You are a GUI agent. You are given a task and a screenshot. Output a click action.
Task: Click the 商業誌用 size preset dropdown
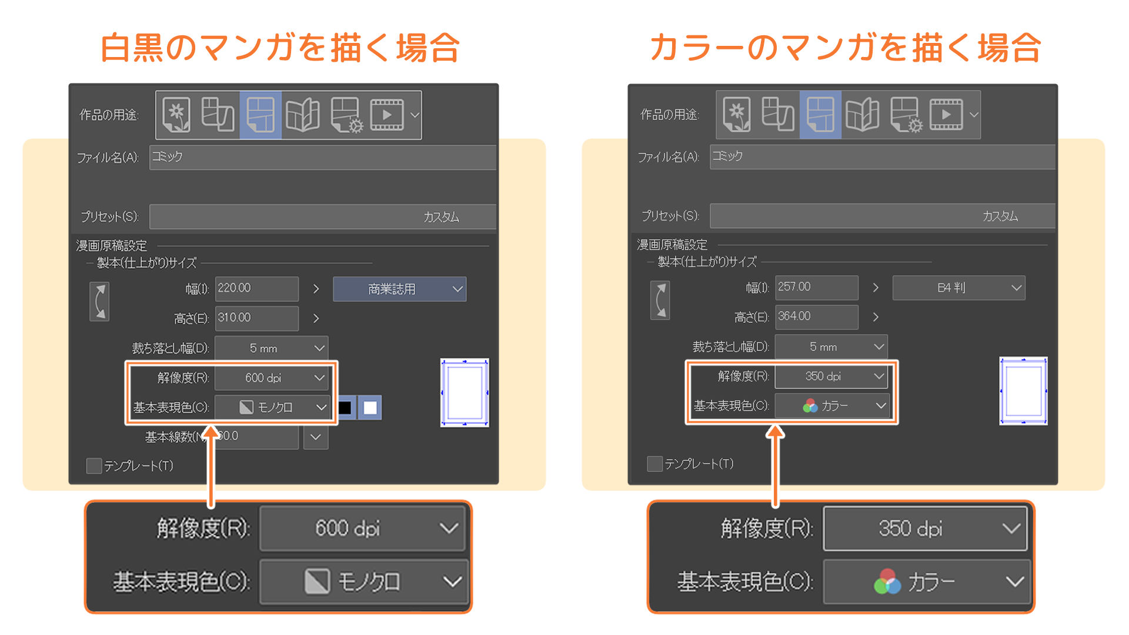[x=399, y=289]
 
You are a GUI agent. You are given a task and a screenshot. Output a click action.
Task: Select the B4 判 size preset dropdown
[x=958, y=288]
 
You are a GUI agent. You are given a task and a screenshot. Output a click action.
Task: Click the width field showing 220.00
[x=256, y=288]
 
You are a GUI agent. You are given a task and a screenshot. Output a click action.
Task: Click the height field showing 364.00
[x=816, y=316]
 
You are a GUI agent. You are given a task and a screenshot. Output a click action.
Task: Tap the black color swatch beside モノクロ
[x=345, y=407]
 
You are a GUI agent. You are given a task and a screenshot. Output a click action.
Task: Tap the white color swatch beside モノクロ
[x=370, y=407]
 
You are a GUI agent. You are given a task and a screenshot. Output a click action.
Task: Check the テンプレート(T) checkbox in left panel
[x=94, y=466]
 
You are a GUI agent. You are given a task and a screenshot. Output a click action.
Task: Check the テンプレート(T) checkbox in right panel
[x=654, y=464]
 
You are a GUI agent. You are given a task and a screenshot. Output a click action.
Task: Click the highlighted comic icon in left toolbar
[x=260, y=115]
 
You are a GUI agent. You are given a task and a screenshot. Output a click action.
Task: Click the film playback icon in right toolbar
[x=946, y=115]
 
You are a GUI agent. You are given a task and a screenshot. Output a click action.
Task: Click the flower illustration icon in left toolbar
[x=176, y=115]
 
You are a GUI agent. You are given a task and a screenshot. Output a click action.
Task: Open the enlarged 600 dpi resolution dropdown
[x=362, y=529]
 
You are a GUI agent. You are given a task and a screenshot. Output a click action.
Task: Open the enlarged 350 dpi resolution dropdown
[x=925, y=529]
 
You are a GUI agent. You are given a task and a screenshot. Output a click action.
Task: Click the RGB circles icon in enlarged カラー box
[x=887, y=581]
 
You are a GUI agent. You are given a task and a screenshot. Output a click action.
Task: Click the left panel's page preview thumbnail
[x=465, y=392]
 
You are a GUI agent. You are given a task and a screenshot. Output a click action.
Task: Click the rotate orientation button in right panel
[x=660, y=300]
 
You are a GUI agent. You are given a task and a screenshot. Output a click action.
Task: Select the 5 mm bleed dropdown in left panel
[x=271, y=348]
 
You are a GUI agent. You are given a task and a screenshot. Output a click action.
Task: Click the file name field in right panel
[x=882, y=156]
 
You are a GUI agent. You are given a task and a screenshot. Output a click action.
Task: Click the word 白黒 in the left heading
[x=133, y=48]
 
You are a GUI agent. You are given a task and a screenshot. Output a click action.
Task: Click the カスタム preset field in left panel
[x=322, y=217]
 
